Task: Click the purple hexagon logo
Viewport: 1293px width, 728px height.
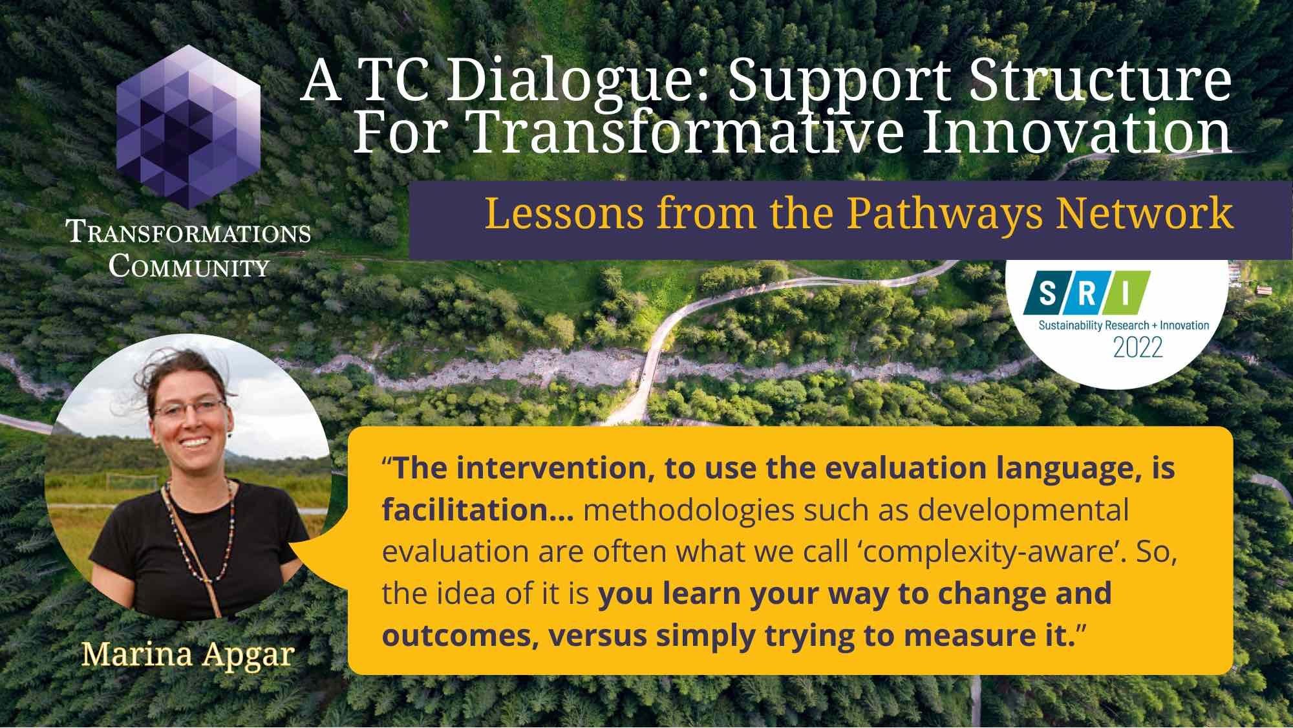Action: click(189, 126)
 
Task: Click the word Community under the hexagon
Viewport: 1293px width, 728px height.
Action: click(189, 265)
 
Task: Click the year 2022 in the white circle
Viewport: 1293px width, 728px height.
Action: click(1138, 348)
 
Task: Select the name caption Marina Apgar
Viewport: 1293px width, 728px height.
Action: click(188, 654)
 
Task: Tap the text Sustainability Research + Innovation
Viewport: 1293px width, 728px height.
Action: click(1124, 325)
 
